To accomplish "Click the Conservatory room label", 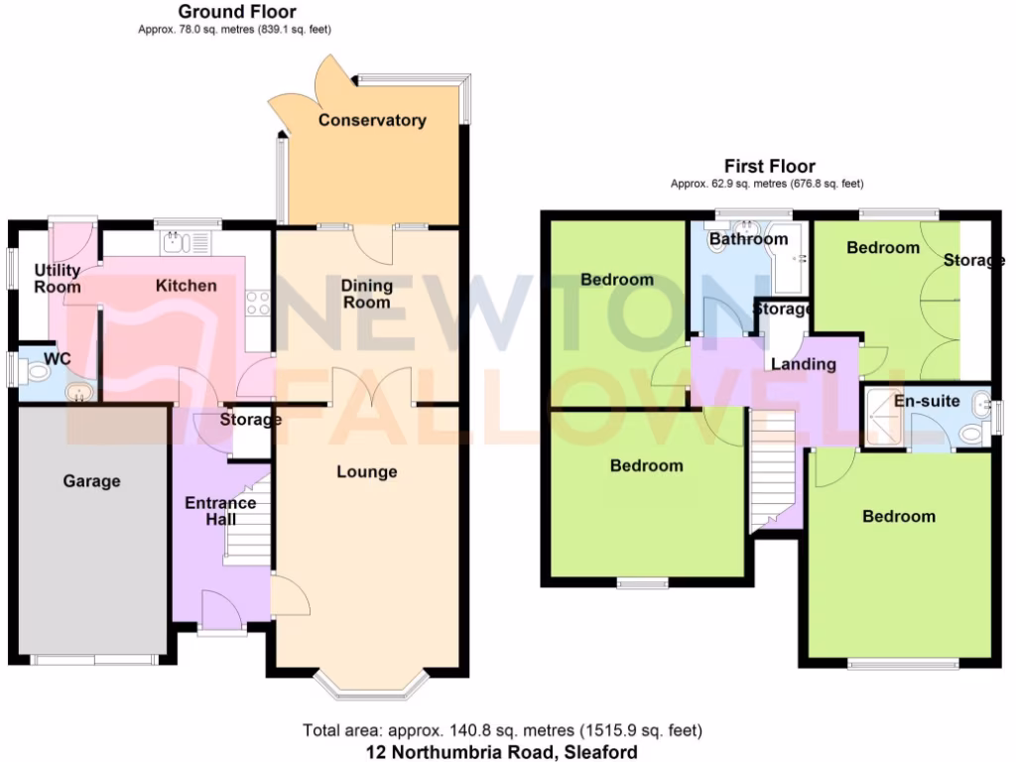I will pos(372,120).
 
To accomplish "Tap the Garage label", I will pos(91,481).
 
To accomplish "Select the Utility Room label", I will pos(58,279).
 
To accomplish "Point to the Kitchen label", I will pos(186,286).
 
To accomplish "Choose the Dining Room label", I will pos(367,294).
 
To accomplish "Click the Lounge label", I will pos(366,471).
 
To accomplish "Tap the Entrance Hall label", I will pos(220,511).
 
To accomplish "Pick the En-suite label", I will pos(927,402).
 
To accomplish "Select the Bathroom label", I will pos(748,239).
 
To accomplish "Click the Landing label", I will pos(804,364).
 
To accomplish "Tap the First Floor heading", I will pos(770,167).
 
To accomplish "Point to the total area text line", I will pos(502,731).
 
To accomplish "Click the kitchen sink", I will pos(176,241).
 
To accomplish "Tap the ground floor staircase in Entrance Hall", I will pos(248,526).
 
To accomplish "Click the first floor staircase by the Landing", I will pos(773,466).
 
